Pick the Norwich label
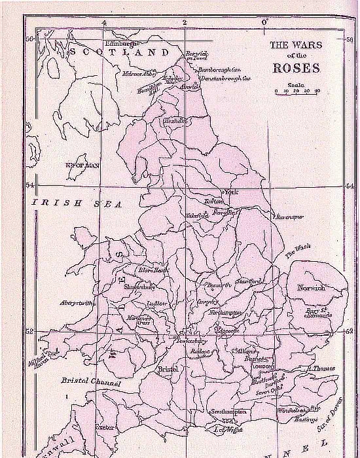310,288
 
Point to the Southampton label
228,412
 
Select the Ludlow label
156,304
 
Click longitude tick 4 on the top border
103,24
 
